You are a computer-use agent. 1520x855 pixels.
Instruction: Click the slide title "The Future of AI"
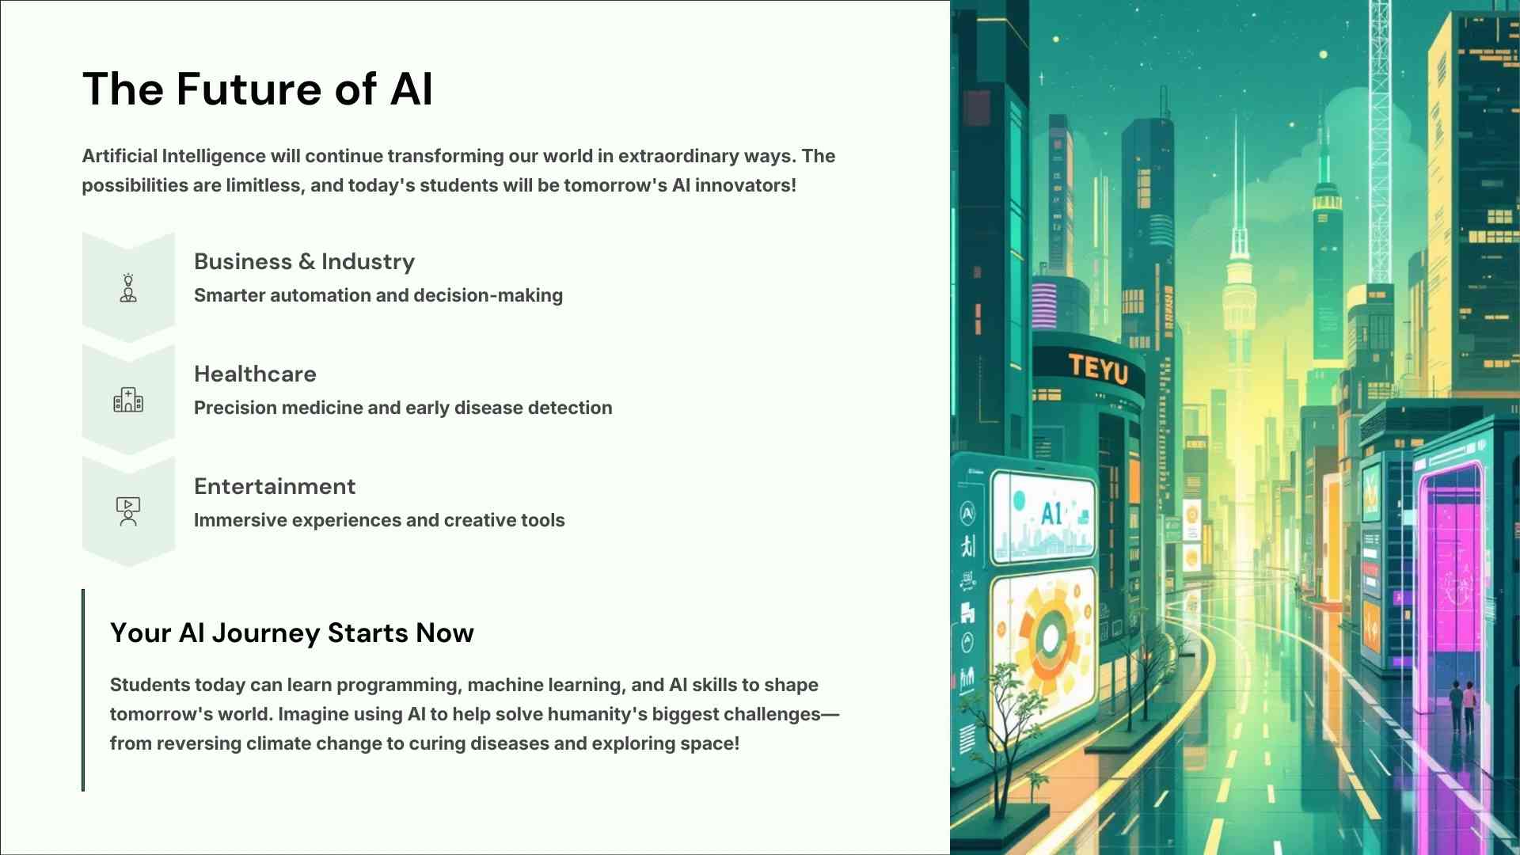257,89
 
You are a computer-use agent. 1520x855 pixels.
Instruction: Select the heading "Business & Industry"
304,262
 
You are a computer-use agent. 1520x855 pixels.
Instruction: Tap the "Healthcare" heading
255,374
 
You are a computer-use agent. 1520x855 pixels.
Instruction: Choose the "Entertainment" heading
275,486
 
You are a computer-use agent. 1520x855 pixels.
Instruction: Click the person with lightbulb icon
128,288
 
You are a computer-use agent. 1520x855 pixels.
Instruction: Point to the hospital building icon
128,400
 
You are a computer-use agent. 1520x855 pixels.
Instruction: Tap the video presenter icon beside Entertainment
128,512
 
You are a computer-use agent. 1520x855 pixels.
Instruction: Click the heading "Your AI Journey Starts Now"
292,633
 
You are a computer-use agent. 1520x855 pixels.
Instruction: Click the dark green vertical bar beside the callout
83,690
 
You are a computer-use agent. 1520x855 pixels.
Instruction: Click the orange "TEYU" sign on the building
1098,368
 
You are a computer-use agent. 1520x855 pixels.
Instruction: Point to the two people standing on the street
1462,705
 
